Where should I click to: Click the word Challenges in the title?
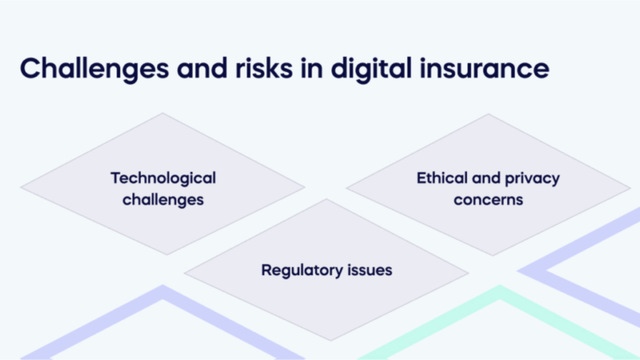(94, 69)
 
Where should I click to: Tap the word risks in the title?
(264, 68)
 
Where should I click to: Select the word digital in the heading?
(371, 69)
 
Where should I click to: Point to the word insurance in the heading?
(484, 68)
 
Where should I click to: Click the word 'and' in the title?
(202, 68)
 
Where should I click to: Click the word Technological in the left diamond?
(163, 179)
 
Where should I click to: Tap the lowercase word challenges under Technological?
(163, 200)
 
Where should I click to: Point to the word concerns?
(488, 200)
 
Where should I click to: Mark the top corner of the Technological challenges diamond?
(162, 113)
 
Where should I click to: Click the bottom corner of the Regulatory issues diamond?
(330, 340)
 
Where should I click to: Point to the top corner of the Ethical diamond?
(488, 114)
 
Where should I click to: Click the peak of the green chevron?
(500, 285)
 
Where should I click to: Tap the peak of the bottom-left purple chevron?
(163, 285)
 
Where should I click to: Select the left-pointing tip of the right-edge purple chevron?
(517, 270)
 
